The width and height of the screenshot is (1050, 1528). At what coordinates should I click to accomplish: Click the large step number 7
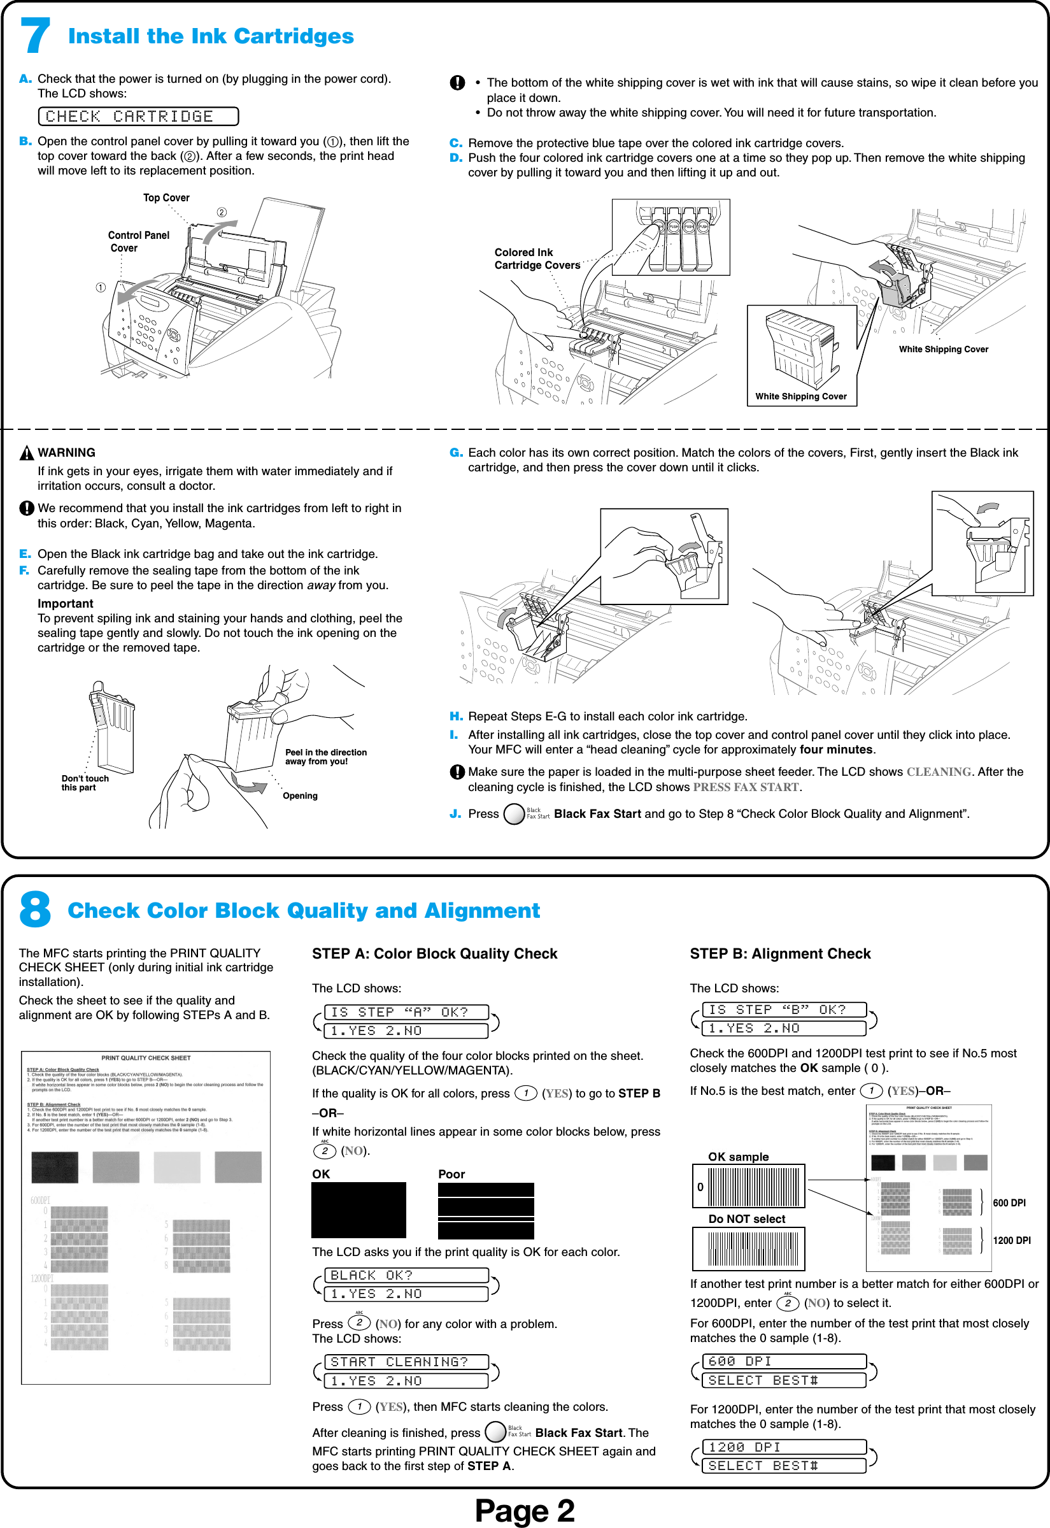tap(34, 36)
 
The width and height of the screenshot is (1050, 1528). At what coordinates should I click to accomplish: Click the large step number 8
tap(34, 910)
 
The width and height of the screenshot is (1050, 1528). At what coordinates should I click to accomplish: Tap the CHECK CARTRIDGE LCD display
tap(138, 117)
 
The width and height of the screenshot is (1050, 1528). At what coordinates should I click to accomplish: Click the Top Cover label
tap(166, 197)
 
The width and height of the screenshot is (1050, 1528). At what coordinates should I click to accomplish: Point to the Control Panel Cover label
tap(138, 241)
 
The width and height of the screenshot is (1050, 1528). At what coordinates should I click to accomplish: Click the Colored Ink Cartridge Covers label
tap(536, 259)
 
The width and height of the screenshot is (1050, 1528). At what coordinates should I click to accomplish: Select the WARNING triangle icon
tap(26, 453)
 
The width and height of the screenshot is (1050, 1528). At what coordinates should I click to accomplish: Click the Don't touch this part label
tap(85, 782)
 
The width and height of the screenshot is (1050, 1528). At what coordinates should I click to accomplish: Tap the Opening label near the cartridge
tap(300, 796)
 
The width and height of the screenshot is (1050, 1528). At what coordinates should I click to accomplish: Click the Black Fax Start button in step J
tap(514, 814)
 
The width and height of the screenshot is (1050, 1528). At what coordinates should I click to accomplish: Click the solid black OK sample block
tap(358, 1210)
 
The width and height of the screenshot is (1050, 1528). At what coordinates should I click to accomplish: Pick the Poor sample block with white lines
tap(486, 1210)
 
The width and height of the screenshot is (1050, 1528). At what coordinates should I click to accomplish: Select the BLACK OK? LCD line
tap(407, 1275)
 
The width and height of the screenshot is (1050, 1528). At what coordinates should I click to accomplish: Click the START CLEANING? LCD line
tap(407, 1362)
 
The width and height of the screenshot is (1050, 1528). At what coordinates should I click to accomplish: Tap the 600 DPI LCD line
tap(784, 1361)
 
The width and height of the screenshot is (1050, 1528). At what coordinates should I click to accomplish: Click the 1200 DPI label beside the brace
tap(1011, 1241)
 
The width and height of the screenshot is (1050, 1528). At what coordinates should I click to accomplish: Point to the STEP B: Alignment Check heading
tap(779, 953)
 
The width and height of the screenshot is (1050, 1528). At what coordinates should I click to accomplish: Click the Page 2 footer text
tap(524, 1510)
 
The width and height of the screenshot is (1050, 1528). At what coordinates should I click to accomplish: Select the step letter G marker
tap(456, 453)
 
